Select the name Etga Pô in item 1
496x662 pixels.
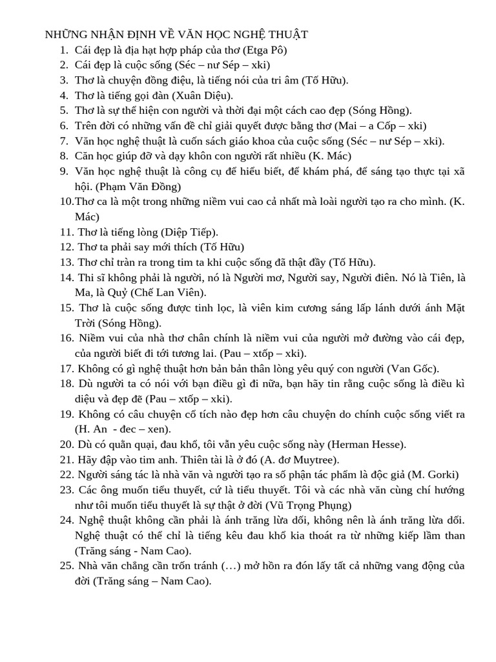click(x=262, y=50)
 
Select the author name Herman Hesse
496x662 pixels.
click(x=367, y=444)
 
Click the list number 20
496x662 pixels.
click(x=67, y=444)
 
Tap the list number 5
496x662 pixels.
click(x=64, y=111)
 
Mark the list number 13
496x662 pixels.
click(x=67, y=262)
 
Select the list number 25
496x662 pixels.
click(x=67, y=566)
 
